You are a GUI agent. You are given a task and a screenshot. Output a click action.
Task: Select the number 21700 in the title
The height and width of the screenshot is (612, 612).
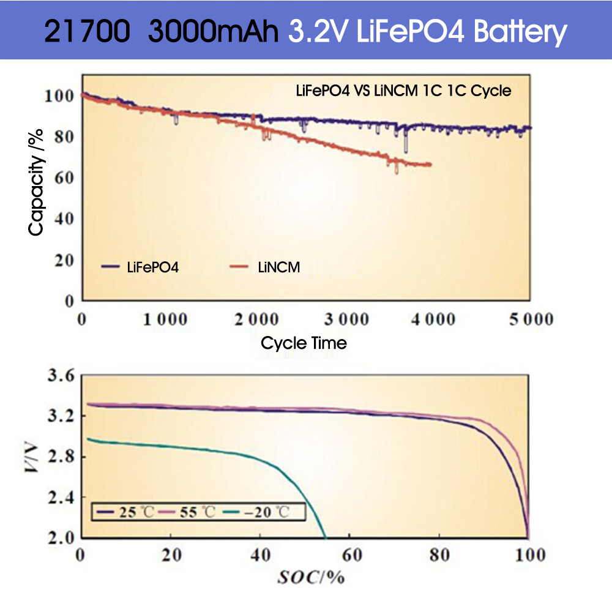coord(88,31)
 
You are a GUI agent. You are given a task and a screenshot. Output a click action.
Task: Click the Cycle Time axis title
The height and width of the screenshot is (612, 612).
coord(304,343)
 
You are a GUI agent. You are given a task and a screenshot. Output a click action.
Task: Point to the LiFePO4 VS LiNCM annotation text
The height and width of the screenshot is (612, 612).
coord(403,91)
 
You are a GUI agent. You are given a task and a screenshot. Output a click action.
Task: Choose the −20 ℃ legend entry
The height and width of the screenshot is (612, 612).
coord(259,512)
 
